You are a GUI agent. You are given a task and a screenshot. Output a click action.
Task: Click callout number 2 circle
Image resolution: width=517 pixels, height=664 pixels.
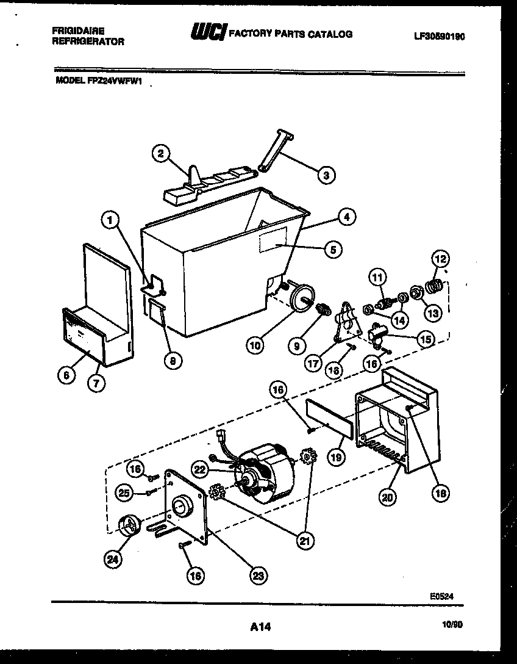pyautogui.click(x=160, y=154)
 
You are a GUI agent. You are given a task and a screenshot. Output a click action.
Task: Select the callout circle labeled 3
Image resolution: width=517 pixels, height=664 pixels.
pyautogui.click(x=326, y=175)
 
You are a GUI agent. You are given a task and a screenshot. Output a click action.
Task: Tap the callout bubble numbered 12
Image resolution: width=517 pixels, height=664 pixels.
pyautogui.click(x=438, y=259)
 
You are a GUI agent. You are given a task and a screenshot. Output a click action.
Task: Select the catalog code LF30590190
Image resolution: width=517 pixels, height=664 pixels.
pyautogui.click(x=439, y=37)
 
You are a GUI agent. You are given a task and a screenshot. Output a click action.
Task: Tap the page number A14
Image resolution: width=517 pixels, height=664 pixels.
pyautogui.click(x=260, y=626)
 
